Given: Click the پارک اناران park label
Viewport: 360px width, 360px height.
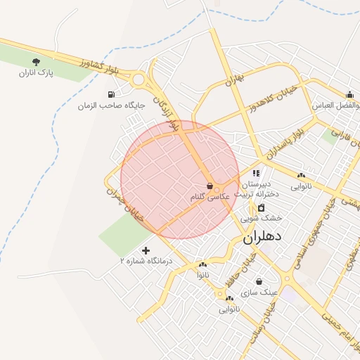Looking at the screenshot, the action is pos(37,72).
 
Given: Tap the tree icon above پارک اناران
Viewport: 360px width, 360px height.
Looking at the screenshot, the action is pos(37,63).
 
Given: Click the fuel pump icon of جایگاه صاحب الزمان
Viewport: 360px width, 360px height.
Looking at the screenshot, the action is pos(110,94).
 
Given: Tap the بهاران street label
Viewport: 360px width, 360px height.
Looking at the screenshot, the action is pos(235,79).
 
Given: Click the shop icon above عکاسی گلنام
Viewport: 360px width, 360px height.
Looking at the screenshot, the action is pos(210,186).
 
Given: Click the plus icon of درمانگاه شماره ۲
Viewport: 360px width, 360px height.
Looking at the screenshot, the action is pos(146,250).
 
